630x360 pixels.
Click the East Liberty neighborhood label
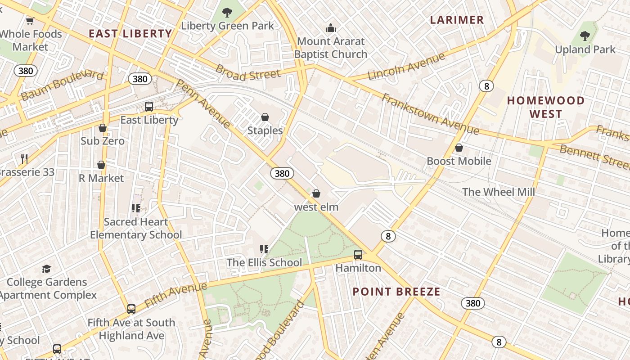pyautogui.click(x=130, y=34)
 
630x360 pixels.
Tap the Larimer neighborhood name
pyautogui.click(x=457, y=20)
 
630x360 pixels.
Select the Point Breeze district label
pyautogui.click(x=396, y=292)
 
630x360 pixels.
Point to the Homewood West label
pyautogui.click(x=545, y=107)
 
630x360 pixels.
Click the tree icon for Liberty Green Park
pyautogui.click(x=227, y=12)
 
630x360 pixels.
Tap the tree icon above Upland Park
pyautogui.click(x=585, y=36)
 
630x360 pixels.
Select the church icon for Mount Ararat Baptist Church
pyautogui.click(x=331, y=28)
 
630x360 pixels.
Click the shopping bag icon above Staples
pyautogui.click(x=265, y=117)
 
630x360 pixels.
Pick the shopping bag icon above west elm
pyautogui.click(x=316, y=193)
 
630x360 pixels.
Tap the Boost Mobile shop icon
pyautogui.click(x=459, y=148)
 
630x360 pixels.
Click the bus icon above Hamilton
pyautogui.click(x=358, y=255)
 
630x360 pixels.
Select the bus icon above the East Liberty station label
pyautogui.click(x=149, y=107)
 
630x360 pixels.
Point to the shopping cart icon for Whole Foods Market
pyautogui.click(x=30, y=21)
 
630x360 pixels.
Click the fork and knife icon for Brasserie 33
pyautogui.click(x=24, y=158)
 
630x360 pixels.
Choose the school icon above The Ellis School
pyautogui.click(x=264, y=249)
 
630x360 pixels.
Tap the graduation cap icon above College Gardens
pyautogui.click(x=46, y=269)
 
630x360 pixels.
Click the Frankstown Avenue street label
pyautogui.click(x=430, y=114)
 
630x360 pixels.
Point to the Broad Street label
pyautogui.click(x=248, y=73)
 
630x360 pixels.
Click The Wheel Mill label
pyautogui.click(x=499, y=192)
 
